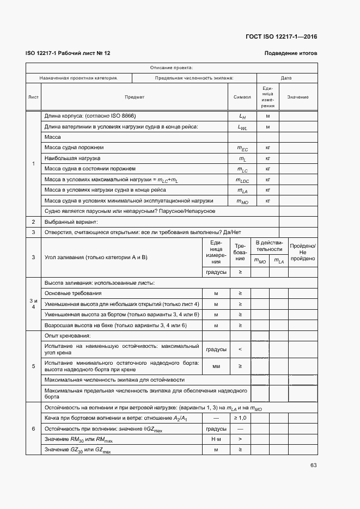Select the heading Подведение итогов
(290, 53)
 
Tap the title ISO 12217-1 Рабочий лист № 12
(68, 53)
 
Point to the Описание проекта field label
(171, 68)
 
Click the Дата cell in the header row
(286, 78)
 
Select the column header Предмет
(135, 97)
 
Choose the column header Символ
(242, 97)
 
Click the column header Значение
(298, 97)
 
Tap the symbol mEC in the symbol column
(242, 148)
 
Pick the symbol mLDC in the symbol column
(242, 180)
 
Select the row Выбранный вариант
(71, 222)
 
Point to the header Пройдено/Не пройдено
(303, 252)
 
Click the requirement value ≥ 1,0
(240, 418)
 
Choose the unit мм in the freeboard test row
(216, 366)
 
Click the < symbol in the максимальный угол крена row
(240, 349)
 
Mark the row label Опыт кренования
(68, 335)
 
